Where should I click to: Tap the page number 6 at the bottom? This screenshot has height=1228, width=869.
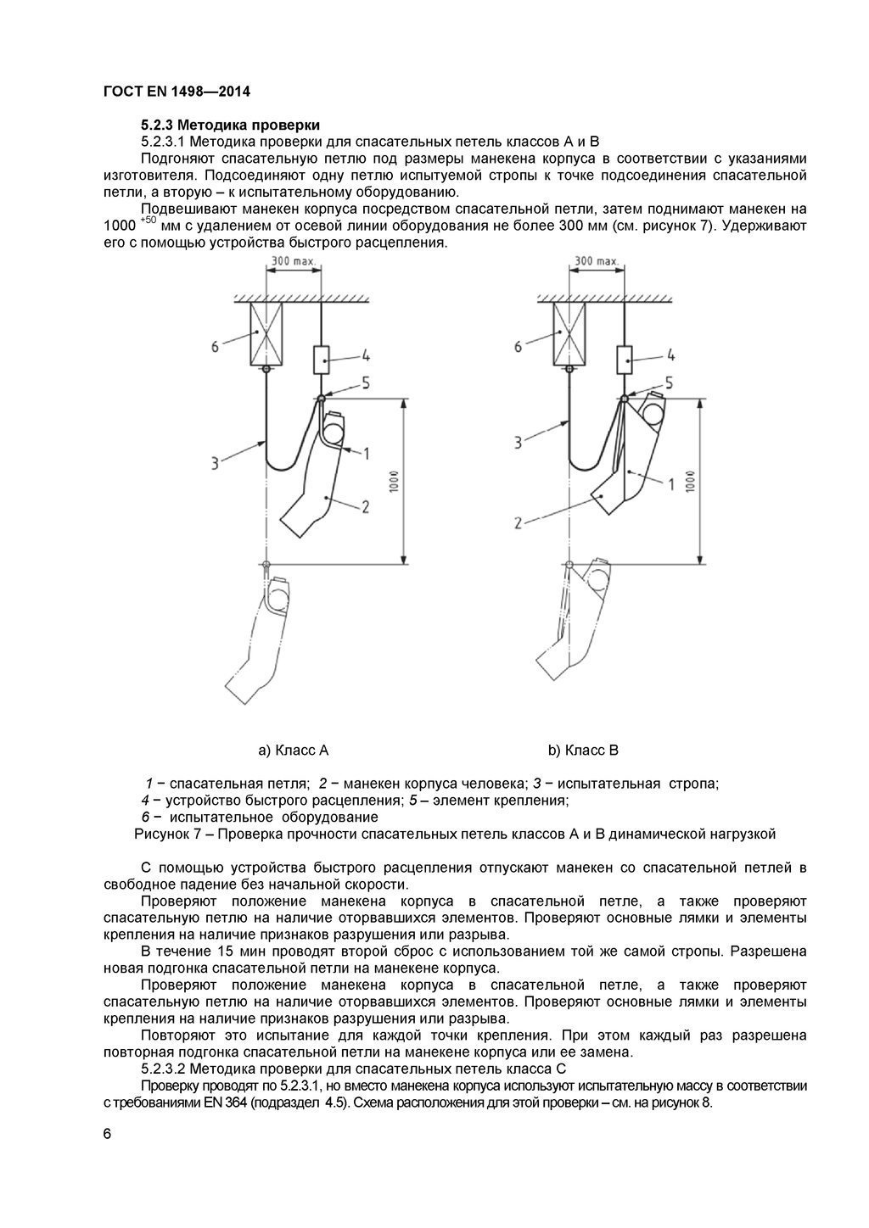(107, 1136)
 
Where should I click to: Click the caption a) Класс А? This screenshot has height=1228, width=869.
(293, 750)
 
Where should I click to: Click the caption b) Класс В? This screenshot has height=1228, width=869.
(583, 750)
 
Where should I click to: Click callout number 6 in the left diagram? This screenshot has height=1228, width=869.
(215, 346)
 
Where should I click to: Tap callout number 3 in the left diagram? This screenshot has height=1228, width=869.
(215, 462)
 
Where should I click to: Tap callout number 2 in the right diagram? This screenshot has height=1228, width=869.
(517, 523)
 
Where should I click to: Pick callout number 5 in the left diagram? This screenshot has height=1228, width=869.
(366, 382)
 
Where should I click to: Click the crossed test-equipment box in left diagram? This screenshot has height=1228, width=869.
(266, 334)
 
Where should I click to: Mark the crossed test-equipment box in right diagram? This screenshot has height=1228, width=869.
(570, 334)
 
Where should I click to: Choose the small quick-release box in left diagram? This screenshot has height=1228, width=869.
(322, 360)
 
